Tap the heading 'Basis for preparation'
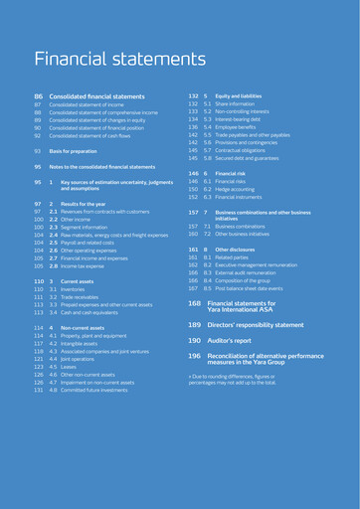point(77,150)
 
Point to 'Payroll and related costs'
point(90,242)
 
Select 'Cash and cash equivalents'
point(90,312)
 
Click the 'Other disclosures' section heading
point(235,250)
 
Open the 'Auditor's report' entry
point(231,340)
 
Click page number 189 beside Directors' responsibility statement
point(194,325)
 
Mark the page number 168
point(194,303)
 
